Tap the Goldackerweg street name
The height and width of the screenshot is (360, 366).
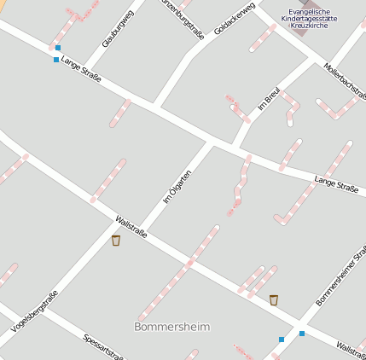(x=235, y=19)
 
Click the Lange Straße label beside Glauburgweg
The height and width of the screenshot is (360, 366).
(x=82, y=76)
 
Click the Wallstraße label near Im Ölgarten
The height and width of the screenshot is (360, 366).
(x=131, y=226)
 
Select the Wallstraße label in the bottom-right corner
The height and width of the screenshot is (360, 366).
(x=351, y=348)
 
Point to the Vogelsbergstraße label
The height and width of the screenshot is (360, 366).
(x=35, y=311)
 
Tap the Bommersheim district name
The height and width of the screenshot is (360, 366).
(x=171, y=327)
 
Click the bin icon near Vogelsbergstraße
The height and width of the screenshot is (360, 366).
(x=116, y=241)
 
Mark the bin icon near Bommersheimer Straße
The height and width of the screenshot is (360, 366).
(x=274, y=299)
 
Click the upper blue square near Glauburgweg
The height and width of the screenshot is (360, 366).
(x=58, y=48)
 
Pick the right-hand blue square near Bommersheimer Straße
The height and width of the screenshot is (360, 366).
(x=301, y=334)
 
